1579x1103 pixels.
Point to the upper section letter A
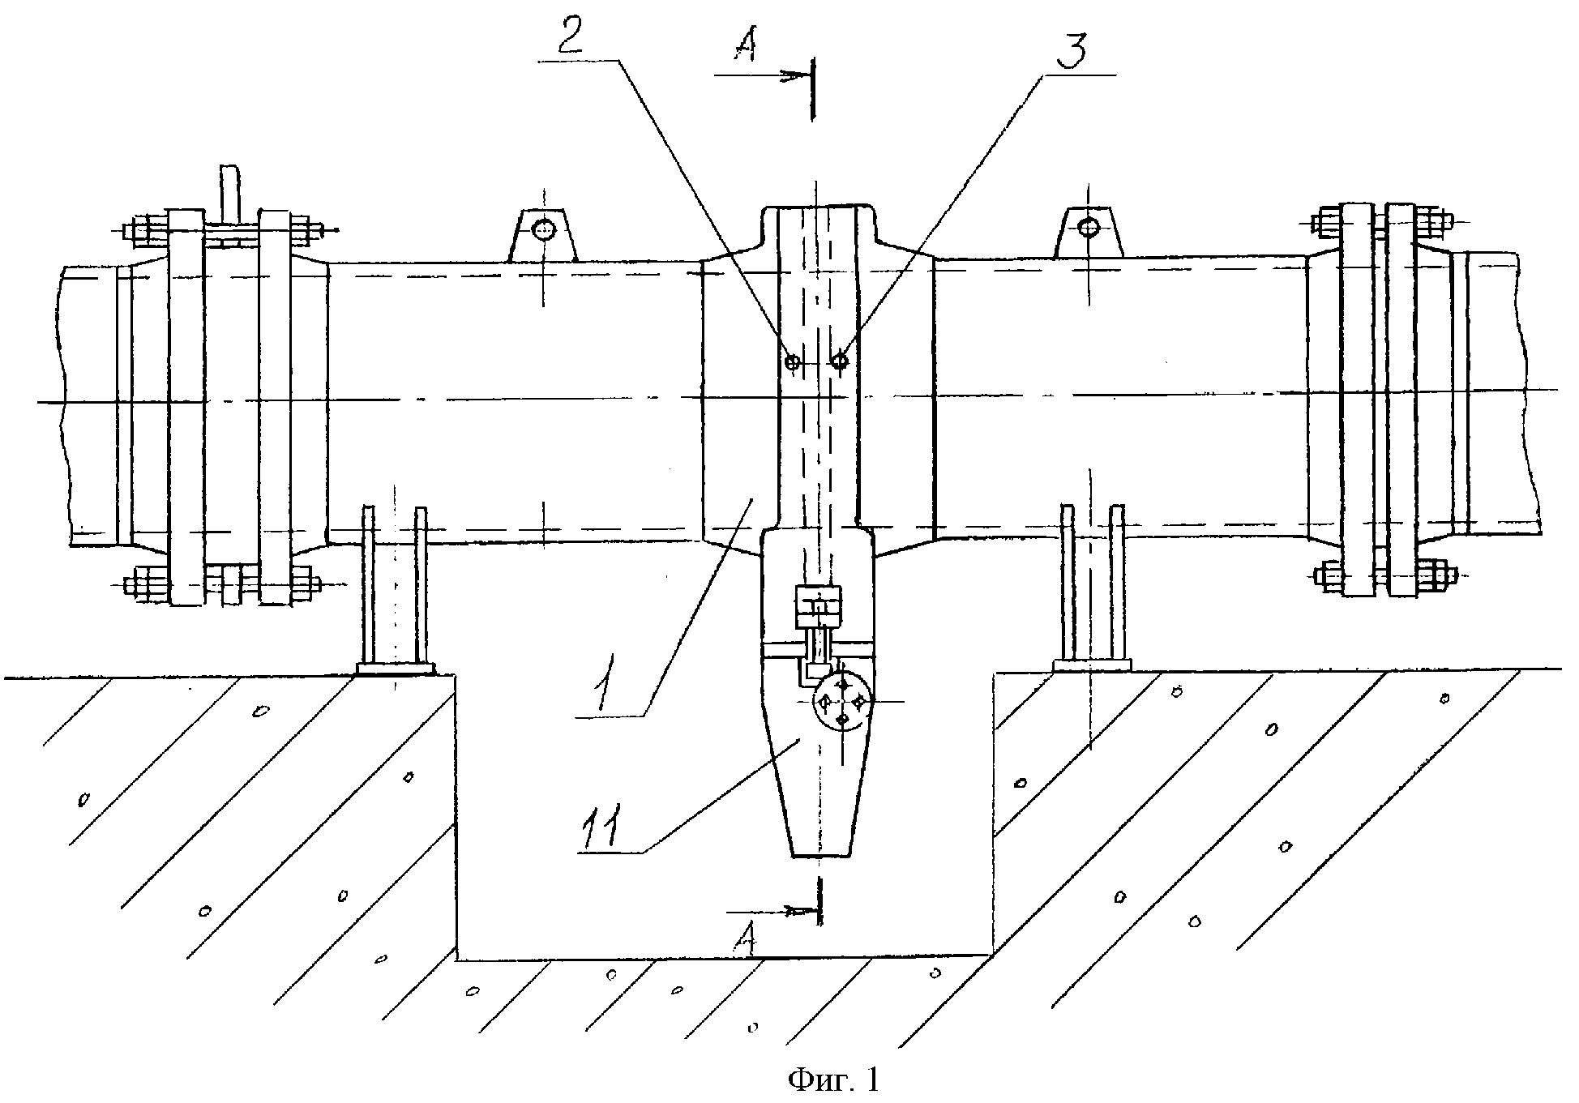point(743,48)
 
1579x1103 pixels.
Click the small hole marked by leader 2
point(793,362)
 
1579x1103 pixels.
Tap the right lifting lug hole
point(1089,228)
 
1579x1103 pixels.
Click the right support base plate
point(1091,665)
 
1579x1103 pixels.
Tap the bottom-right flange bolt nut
point(1431,575)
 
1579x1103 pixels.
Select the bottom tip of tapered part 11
point(820,855)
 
